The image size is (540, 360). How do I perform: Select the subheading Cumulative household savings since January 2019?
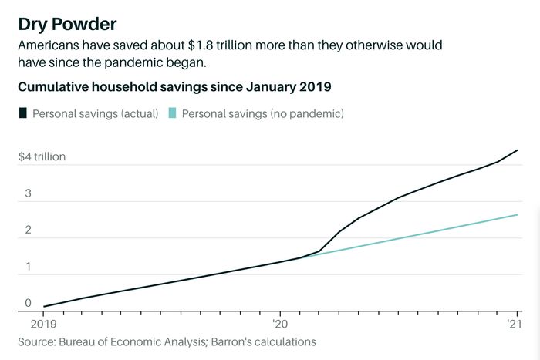(x=175, y=86)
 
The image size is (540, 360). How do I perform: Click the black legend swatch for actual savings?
(x=22, y=113)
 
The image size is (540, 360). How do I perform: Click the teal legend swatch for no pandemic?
(x=172, y=113)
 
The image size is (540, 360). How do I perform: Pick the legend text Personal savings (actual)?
(x=94, y=113)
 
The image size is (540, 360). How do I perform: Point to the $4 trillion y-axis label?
(x=42, y=156)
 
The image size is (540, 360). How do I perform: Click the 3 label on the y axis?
(x=28, y=193)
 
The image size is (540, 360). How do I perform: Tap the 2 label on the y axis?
(x=28, y=230)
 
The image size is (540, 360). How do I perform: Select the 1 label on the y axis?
(x=28, y=267)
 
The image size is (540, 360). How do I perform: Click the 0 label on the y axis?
(x=28, y=303)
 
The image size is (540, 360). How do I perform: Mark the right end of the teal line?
(x=516, y=214)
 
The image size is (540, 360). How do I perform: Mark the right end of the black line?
(x=516, y=150)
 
